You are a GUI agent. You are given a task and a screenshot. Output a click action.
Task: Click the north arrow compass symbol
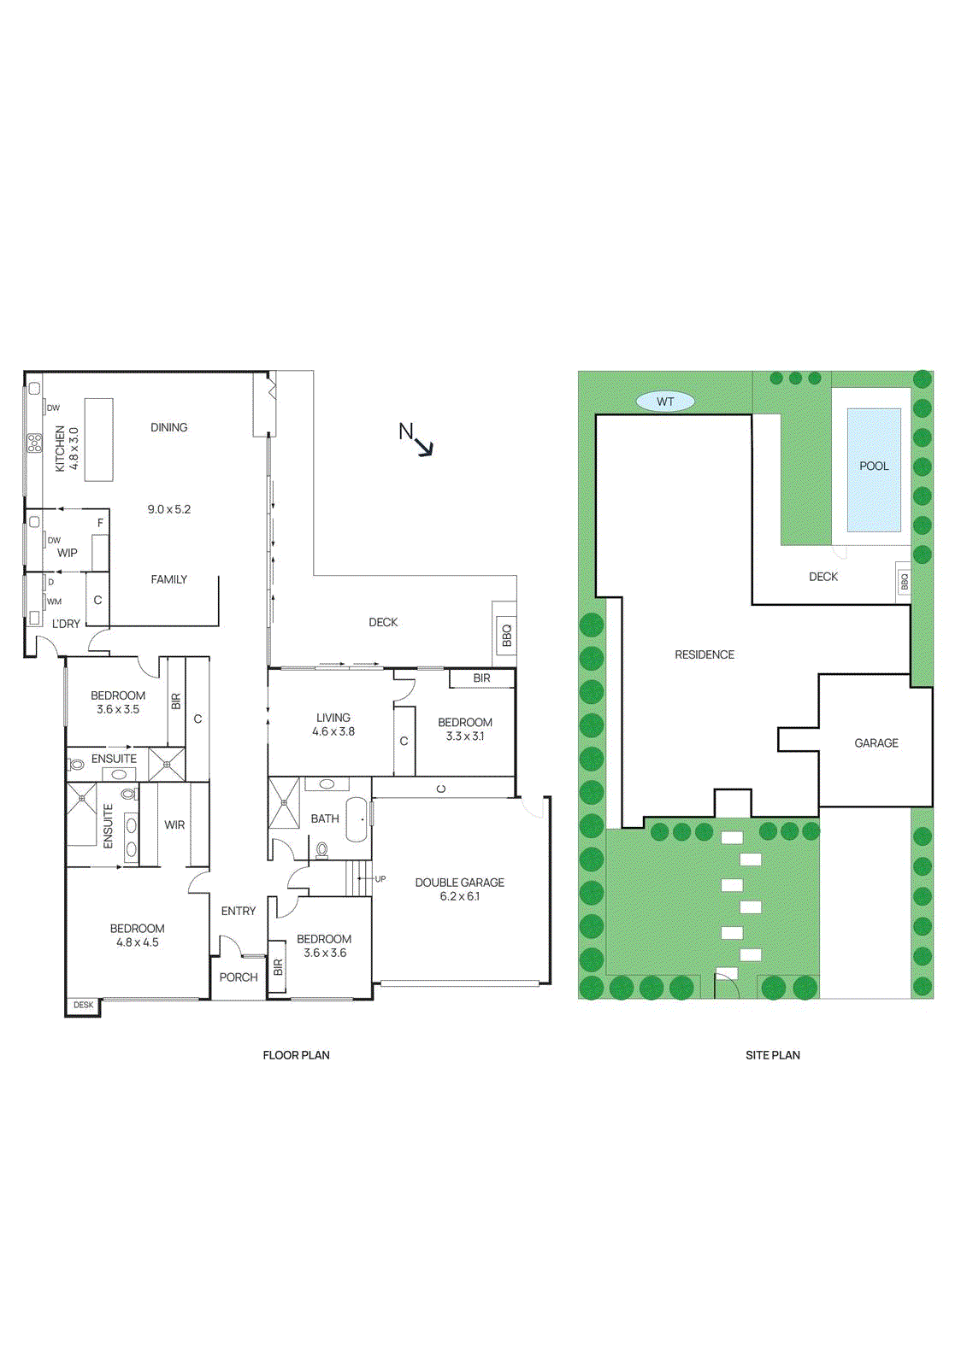pos(416,439)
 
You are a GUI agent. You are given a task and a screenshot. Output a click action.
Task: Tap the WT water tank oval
pos(665,402)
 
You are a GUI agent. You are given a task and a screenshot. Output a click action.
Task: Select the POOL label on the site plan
pos(874,466)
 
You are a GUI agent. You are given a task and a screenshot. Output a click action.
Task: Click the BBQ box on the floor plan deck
pos(506,634)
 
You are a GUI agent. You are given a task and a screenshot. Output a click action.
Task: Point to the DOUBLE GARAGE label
pos(459,883)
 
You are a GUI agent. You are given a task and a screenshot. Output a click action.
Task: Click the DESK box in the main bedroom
pos(84,1005)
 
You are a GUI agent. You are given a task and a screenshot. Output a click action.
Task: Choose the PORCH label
pos(239,977)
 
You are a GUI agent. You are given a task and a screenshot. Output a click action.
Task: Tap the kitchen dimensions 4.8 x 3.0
pos(74,449)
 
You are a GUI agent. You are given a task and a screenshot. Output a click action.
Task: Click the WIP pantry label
pos(68,553)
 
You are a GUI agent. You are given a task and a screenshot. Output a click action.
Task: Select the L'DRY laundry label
pos(66,625)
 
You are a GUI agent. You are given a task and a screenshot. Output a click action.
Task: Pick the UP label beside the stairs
pos(380,878)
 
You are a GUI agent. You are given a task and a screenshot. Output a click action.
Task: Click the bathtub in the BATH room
pos(357,819)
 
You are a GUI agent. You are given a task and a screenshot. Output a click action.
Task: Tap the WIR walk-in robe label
pos(174,825)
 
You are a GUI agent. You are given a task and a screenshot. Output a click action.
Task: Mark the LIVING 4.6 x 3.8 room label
pos(333,725)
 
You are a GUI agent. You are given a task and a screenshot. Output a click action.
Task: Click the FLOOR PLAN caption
pos(296,1055)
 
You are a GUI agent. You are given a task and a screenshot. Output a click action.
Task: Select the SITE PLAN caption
pos(772,1055)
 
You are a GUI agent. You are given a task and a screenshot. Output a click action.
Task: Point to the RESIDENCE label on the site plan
pos(705,655)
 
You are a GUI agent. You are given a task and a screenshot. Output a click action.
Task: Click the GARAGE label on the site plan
pos(876,743)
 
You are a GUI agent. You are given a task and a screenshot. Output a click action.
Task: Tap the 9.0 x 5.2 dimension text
pos(169,509)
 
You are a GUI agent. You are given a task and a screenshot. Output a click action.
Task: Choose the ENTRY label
pos(239,912)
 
